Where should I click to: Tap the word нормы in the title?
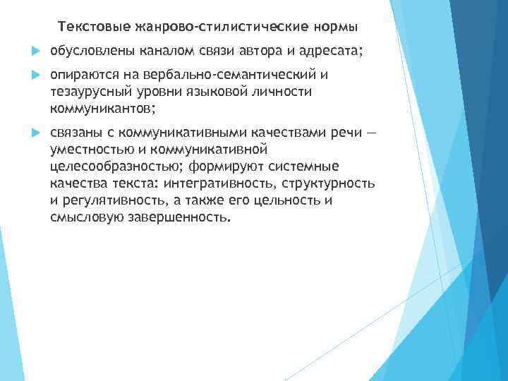337,28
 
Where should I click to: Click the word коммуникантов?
99,109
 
